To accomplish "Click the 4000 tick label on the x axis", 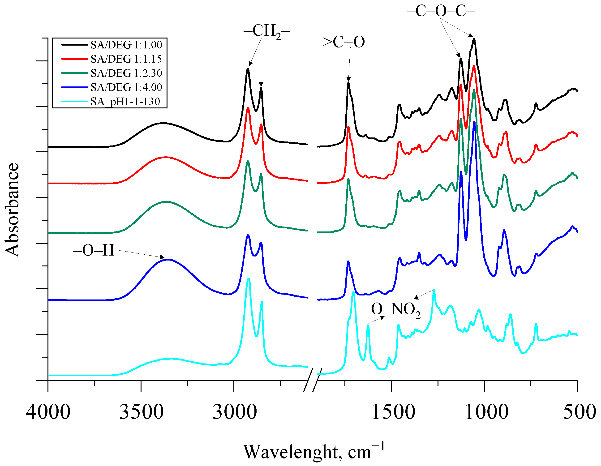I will click(x=48, y=412).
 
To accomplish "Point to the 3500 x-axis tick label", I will click(x=141, y=412).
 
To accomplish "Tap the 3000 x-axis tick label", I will click(x=234, y=412).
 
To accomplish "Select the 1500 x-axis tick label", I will click(x=393, y=412).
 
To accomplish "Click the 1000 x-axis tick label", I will click(x=486, y=412).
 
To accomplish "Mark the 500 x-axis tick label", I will click(x=579, y=412).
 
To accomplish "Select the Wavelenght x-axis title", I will click(x=314, y=451).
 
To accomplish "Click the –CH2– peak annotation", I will click(x=266, y=31).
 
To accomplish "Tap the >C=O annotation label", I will click(x=344, y=42).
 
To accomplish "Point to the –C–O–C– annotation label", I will click(x=441, y=11).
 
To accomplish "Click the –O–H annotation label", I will click(x=94, y=251).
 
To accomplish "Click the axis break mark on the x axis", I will click(x=312, y=380).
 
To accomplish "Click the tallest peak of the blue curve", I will click(x=474, y=122).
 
